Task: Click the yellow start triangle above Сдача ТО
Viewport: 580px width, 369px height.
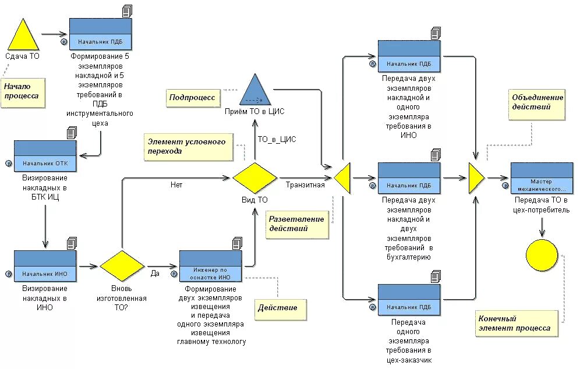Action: [x=23, y=36]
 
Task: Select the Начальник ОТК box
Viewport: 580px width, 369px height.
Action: [x=45, y=156]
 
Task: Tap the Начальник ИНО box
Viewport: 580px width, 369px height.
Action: [x=45, y=265]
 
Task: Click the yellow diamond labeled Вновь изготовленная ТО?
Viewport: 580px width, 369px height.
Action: [x=122, y=266]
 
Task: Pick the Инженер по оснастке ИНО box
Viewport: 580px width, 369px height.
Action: [x=210, y=265]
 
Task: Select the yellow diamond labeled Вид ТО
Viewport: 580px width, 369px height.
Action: [x=255, y=178]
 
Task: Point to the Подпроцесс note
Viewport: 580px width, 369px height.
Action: [x=193, y=98]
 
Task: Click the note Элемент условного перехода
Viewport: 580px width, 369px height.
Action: [x=189, y=147]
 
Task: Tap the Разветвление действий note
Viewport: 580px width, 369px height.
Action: [x=296, y=224]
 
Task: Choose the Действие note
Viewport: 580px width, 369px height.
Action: [x=278, y=308]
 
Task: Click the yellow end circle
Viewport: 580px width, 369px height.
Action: [x=542, y=255]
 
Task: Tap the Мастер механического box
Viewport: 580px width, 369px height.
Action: [x=542, y=178]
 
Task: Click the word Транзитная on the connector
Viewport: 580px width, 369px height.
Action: [x=305, y=185]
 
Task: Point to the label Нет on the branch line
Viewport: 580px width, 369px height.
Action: [x=176, y=185]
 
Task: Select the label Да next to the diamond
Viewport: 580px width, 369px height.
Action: [x=155, y=272]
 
